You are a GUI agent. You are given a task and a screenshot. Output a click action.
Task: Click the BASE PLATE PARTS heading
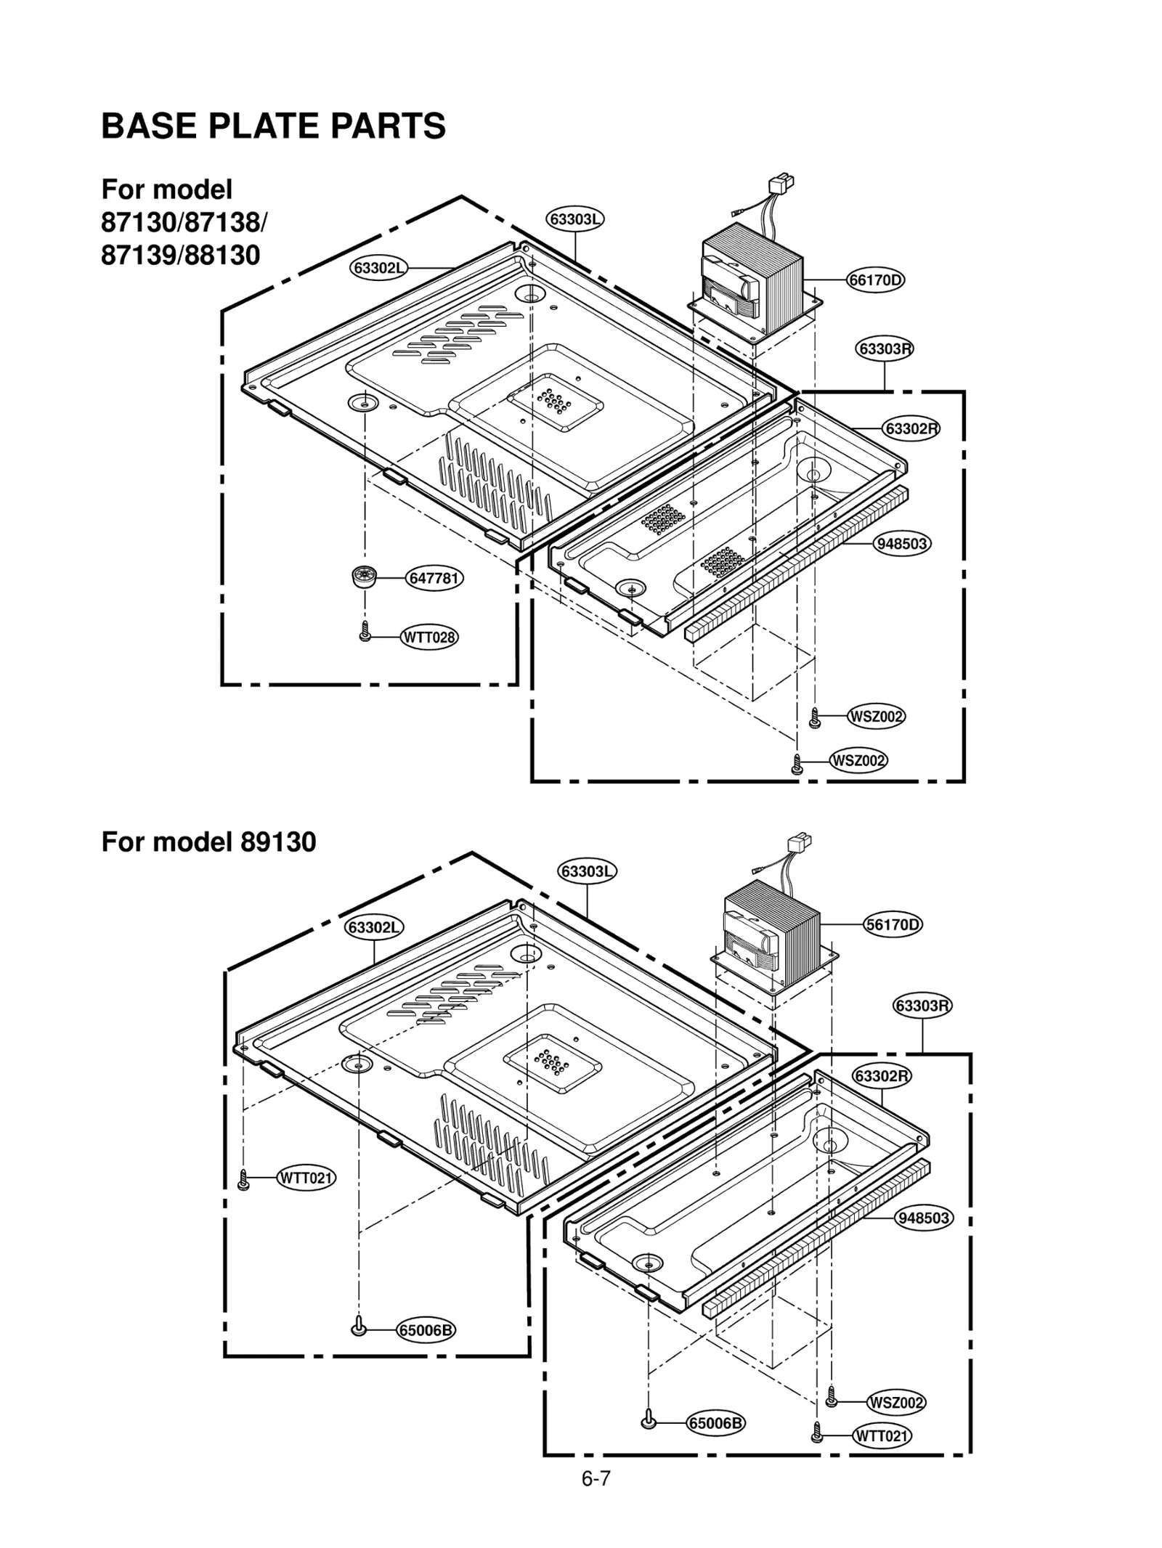(273, 126)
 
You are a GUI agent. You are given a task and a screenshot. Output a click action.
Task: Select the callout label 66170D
(875, 280)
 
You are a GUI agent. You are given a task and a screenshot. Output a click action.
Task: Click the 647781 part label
(434, 578)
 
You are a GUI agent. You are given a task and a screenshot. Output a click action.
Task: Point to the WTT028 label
(429, 637)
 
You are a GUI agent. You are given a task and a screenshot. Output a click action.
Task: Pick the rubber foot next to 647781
(363, 577)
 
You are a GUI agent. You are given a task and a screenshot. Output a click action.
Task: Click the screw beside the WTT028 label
(365, 631)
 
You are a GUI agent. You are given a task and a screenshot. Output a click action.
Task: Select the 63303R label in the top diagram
(884, 349)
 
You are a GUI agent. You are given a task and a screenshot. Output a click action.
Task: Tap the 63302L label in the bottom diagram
(374, 927)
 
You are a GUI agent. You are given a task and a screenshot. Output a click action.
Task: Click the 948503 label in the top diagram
(902, 543)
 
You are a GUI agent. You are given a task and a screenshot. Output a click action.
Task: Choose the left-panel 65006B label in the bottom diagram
(426, 1330)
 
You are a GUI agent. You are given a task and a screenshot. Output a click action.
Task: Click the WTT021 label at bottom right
(882, 1435)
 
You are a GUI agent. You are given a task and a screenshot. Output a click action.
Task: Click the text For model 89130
(208, 842)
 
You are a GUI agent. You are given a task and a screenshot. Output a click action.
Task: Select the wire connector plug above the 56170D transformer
(799, 846)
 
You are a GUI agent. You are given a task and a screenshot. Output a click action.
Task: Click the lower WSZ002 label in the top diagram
(858, 760)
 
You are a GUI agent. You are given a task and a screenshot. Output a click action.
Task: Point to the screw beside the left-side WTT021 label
(244, 1179)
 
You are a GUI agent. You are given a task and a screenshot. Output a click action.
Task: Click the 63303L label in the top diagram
(575, 219)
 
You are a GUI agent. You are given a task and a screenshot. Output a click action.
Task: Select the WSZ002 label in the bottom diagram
(896, 1402)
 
